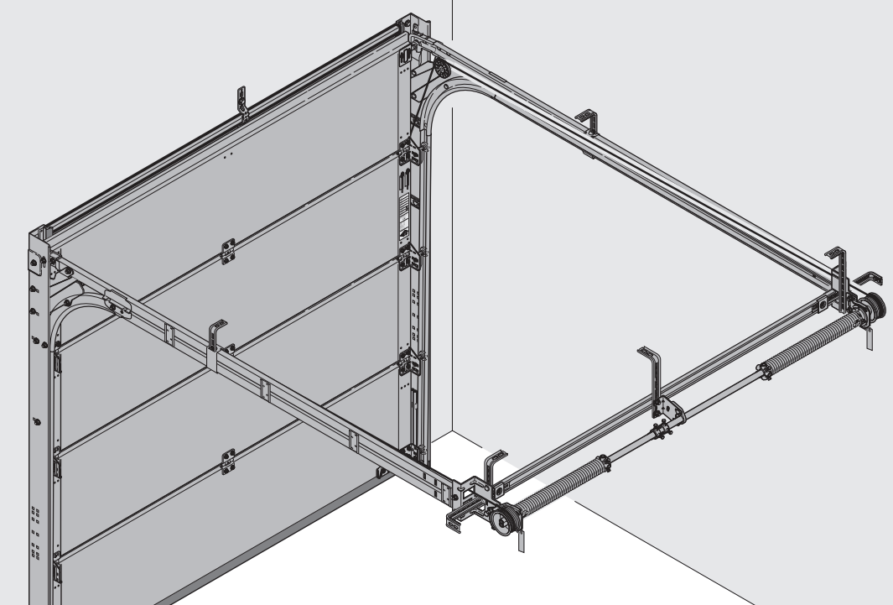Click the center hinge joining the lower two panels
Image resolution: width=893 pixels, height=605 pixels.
pyautogui.click(x=227, y=460)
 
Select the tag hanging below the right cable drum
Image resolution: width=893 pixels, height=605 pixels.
pyautogui.click(x=870, y=340)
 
